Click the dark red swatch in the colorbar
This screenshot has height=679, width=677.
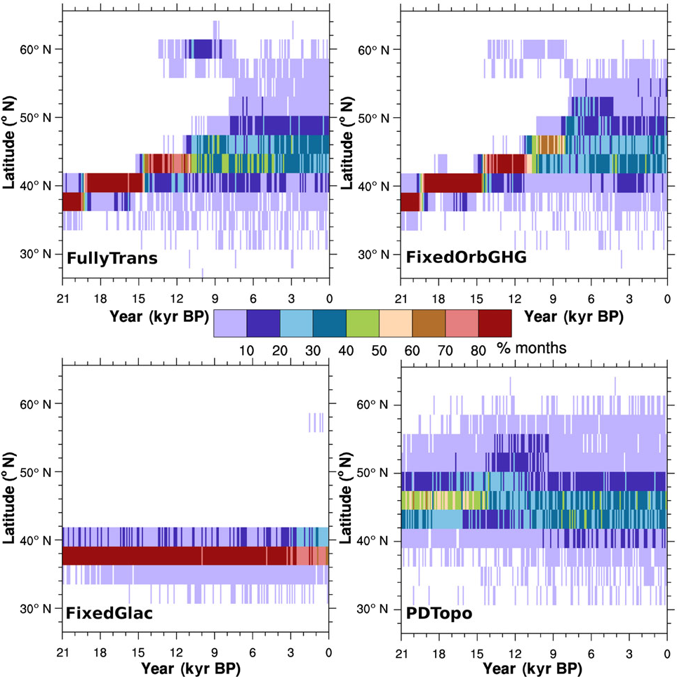point(495,324)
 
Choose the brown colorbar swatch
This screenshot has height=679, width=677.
point(428,324)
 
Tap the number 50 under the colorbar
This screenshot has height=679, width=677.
point(379,348)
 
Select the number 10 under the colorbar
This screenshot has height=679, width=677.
point(246,348)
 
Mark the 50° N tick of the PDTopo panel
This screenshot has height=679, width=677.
point(380,473)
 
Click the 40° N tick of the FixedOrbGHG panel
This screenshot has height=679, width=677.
point(380,186)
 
